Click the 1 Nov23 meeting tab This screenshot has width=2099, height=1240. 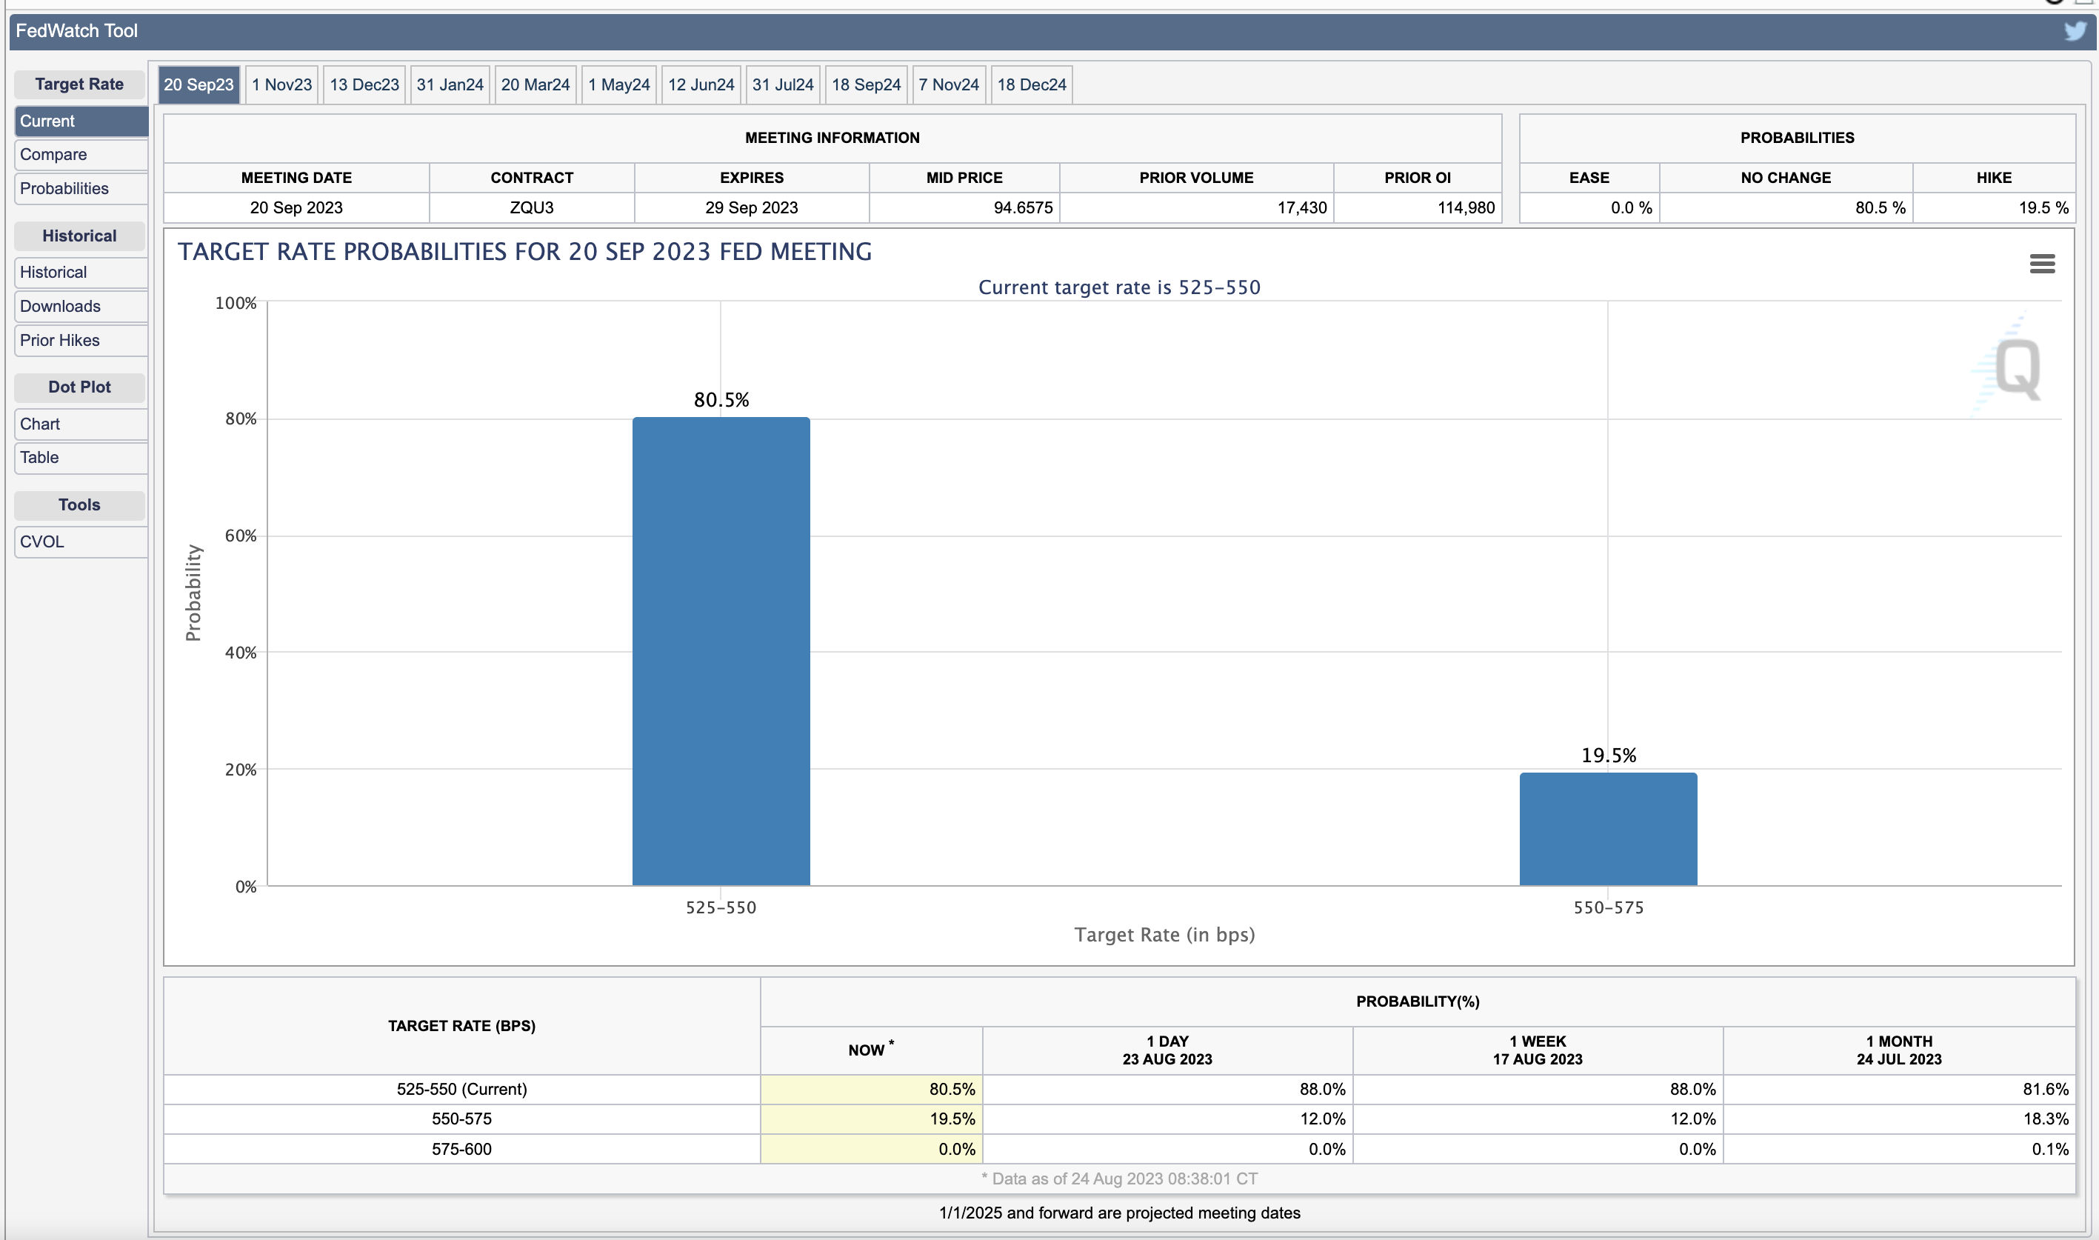(x=281, y=84)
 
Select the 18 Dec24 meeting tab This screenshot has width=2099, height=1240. (x=1032, y=84)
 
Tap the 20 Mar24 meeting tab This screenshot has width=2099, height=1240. (x=535, y=84)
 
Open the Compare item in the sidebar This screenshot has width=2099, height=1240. (x=81, y=155)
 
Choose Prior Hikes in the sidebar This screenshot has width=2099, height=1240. (x=81, y=340)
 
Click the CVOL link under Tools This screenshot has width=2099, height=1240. (x=81, y=541)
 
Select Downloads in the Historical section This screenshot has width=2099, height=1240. (x=81, y=306)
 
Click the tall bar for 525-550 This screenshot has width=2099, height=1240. (x=721, y=651)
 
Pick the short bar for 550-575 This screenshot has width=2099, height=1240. (x=1608, y=829)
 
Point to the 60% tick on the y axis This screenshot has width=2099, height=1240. (x=241, y=536)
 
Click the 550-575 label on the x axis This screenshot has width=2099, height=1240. (x=1609, y=907)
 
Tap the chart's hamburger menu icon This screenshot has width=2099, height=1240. (x=2042, y=264)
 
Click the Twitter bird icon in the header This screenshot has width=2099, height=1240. (x=2075, y=31)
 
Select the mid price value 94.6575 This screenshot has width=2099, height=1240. (x=1023, y=207)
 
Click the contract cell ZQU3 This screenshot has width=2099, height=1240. (x=532, y=207)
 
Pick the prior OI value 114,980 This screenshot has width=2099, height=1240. (x=1466, y=207)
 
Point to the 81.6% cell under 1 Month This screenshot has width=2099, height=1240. (x=2046, y=1089)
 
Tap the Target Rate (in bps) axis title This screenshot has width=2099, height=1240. (x=1164, y=934)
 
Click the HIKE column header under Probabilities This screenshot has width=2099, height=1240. (x=1994, y=177)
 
